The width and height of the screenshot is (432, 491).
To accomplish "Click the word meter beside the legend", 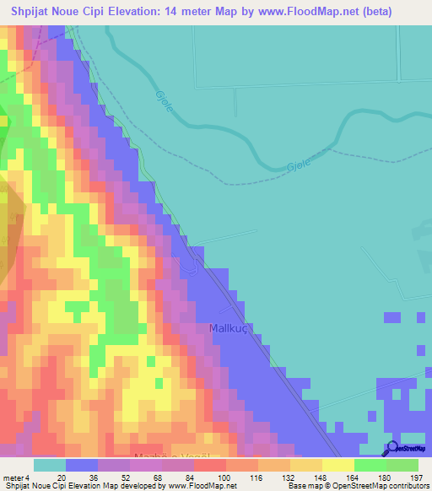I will (x=13, y=478).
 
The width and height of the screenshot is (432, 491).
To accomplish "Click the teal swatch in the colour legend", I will (x=50, y=465).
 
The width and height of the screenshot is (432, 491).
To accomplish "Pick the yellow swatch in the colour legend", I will (x=338, y=465).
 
